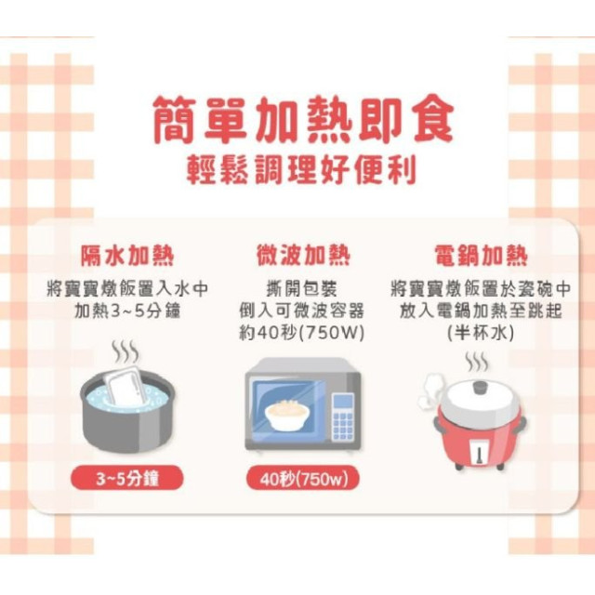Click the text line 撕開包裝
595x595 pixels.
302,288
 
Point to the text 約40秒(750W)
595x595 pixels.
302,333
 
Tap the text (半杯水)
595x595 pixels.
480,333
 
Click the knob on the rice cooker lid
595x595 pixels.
480,385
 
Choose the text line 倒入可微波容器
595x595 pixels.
302,311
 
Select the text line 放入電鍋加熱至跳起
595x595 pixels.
480,311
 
